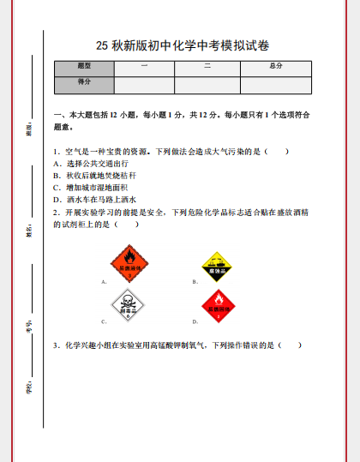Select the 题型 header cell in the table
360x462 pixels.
(x=84, y=66)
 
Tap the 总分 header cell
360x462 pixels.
(x=275, y=66)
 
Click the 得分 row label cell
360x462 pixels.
(x=84, y=83)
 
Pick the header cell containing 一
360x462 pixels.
(x=144, y=66)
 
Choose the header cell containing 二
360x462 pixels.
(x=207, y=66)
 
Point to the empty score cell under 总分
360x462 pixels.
(x=275, y=83)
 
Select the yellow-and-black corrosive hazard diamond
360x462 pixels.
(x=218, y=262)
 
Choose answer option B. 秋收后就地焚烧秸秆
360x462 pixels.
(x=95, y=175)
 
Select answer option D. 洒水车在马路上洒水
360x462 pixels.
(x=95, y=199)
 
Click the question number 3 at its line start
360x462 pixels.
(x=56, y=345)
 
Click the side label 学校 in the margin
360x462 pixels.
(x=28, y=387)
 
